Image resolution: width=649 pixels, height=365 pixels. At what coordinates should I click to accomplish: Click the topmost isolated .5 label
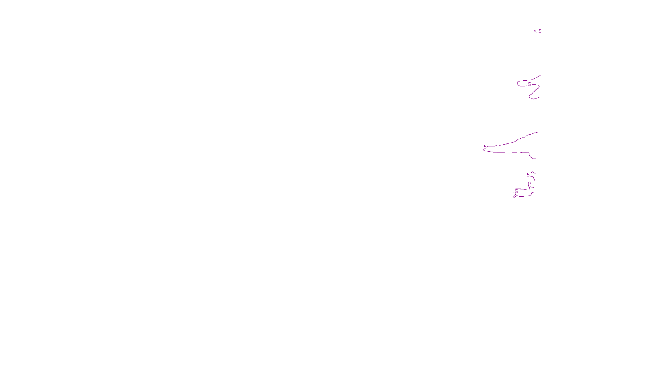click(539, 31)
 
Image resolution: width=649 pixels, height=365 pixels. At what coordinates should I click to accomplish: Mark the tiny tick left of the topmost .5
click(535, 30)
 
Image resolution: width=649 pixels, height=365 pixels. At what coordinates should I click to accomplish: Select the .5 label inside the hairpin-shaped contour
click(529, 84)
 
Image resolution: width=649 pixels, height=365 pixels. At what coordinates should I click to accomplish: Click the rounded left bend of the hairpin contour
click(518, 84)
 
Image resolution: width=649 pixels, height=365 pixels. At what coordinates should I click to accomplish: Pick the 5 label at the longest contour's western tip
click(485, 147)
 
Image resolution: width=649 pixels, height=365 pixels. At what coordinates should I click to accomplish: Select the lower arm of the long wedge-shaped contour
click(507, 152)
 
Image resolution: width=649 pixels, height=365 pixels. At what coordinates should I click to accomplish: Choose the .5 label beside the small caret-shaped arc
click(528, 175)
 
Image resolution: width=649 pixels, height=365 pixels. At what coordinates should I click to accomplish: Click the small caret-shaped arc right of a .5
click(533, 173)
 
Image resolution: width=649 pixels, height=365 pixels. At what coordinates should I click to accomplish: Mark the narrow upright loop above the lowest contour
click(529, 185)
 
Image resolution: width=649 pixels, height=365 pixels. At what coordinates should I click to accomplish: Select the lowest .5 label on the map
click(516, 191)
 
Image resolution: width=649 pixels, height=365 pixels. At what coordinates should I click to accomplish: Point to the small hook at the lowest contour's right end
click(533, 193)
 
